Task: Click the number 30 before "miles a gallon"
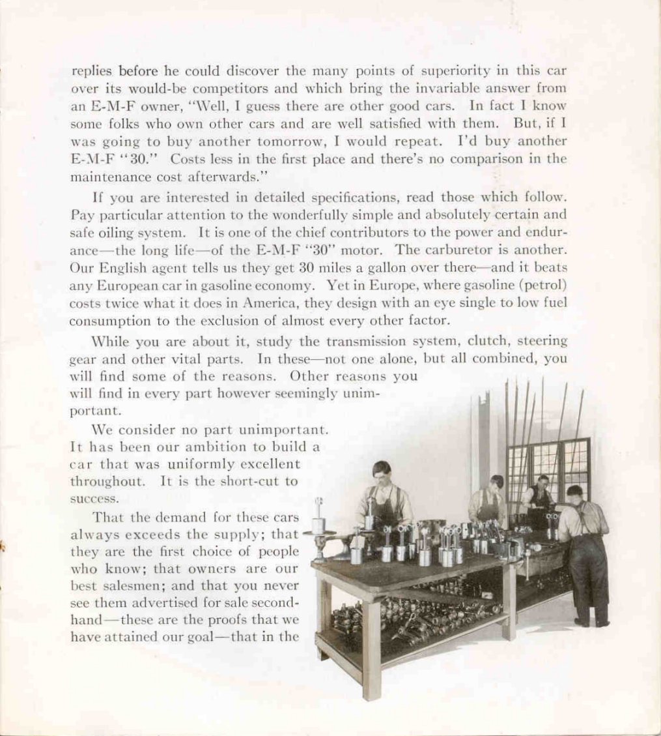(306, 267)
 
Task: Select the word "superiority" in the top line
(427, 70)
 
